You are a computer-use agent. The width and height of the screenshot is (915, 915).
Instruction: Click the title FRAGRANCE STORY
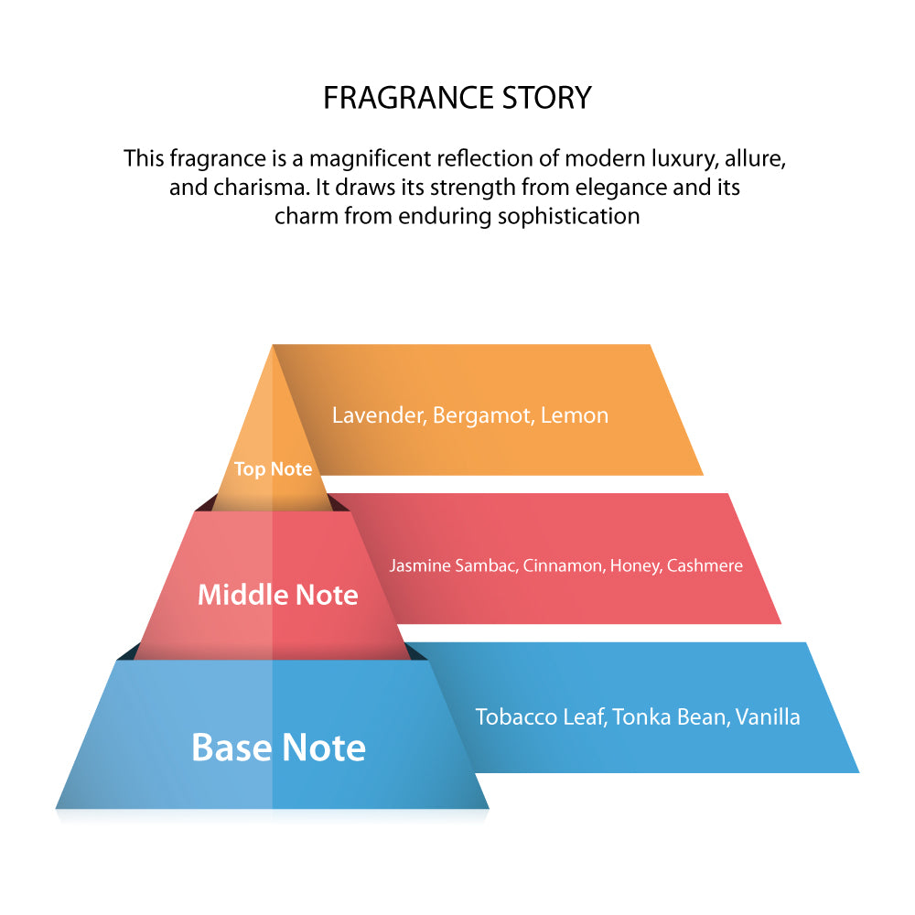(457, 98)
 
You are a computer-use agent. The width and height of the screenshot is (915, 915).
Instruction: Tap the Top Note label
(273, 469)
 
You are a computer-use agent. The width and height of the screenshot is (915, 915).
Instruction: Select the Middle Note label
(278, 595)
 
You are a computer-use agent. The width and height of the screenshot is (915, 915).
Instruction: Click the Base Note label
(278, 748)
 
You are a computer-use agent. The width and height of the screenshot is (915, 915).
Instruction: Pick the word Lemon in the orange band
(575, 415)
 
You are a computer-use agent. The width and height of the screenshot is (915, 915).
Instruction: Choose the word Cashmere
(705, 565)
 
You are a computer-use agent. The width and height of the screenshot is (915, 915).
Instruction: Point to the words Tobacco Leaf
(538, 716)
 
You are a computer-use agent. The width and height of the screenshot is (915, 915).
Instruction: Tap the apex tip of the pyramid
(273, 347)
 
